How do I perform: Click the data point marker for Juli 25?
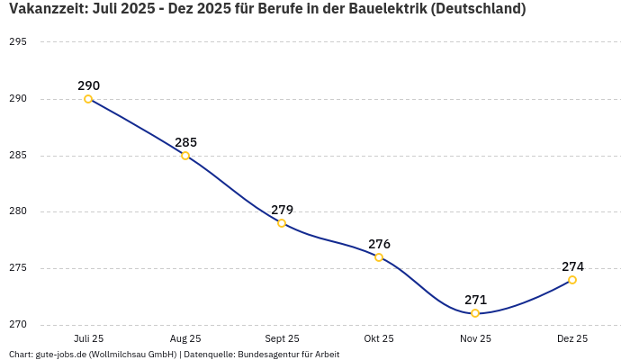coord(88,99)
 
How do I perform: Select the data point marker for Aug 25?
coord(185,156)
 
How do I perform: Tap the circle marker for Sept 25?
coord(282,223)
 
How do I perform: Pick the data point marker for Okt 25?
coord(379,257)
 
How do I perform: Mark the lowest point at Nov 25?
coord(475,313)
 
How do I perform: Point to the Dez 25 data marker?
coord(572,280)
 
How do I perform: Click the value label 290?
coord(88,85)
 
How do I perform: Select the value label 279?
coord(282,210)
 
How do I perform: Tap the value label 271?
coord(475,300)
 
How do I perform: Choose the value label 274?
coord(572,266)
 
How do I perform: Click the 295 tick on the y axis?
coord(18,42)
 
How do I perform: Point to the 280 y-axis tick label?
coord(18,212)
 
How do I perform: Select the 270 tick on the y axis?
coord(18,325)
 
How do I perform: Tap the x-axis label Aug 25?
coord(185,338)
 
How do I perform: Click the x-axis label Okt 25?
coord(379,338)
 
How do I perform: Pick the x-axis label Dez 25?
coord(572,338)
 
